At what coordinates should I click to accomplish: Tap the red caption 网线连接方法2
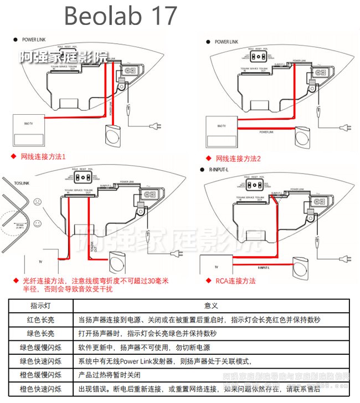[x=238, y=159]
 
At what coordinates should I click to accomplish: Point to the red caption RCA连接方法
[x=235, y=281]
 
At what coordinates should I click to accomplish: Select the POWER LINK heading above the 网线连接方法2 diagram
[x=226, y=42]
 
